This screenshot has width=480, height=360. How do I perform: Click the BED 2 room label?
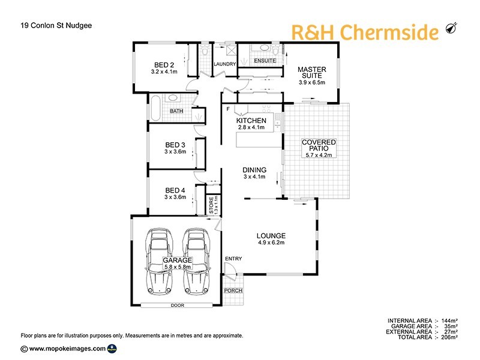tap(164, 65)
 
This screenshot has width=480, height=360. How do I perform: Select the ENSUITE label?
tap(265, 61)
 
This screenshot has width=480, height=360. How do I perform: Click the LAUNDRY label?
tap(225, 64)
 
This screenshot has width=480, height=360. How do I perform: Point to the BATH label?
tap(176, 111)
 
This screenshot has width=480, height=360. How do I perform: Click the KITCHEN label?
tap(251, 121)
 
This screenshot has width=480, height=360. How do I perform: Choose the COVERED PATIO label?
tap(319, 145)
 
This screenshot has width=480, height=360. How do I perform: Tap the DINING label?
tap(254, 169)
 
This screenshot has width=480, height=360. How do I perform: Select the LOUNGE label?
tap(271, 236)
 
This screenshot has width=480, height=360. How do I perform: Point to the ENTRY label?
tap(233, 259)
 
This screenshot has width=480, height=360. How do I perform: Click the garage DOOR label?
tap(178, 305)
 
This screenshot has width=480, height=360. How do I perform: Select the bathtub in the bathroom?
tap(155, 106)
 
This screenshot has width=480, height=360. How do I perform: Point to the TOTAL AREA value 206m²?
tap(448, 338)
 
